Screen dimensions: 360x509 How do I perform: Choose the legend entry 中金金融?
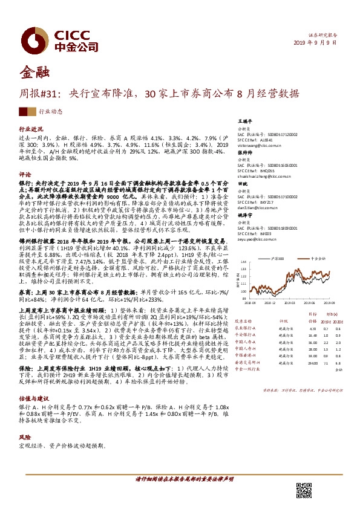319,258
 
